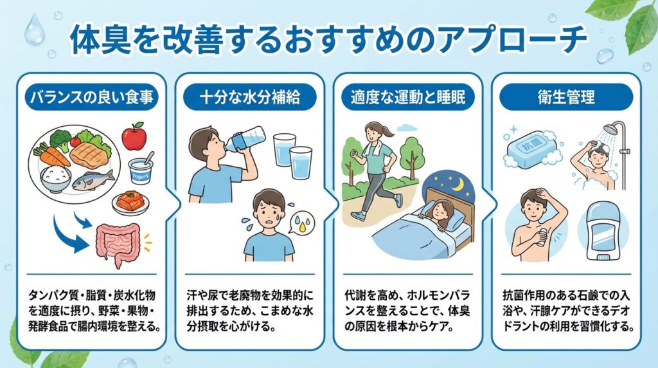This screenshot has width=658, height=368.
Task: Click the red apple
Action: pyautogui.click(x=134, y=136)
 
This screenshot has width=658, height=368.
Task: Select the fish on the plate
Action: pyautogui.click(x=93, y=180)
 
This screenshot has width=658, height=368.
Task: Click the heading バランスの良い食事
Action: pyautogui.click(x=92, y=97)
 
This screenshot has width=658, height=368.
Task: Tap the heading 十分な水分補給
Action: pyautogui.click(x=250, y=97)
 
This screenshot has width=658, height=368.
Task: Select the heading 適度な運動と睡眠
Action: pyautogui.click(x=408, y=97)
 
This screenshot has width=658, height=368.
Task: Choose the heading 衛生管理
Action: pyautogui.click(x=566, y=97)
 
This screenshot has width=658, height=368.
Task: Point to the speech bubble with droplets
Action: pyautogui.click(x=301, y=223)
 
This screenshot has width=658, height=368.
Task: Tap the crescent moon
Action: pyautogui.click(x=459, y=183)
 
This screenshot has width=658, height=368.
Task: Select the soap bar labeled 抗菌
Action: pyautogui.click(x=531, y=148)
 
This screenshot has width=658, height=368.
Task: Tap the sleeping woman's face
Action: pyautogui.click(x=443, y=210)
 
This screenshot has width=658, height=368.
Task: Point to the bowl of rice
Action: pyautogui.click(x=55, y=179)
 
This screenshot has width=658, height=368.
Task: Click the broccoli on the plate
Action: pyautogui.click(x=60, y=139)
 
